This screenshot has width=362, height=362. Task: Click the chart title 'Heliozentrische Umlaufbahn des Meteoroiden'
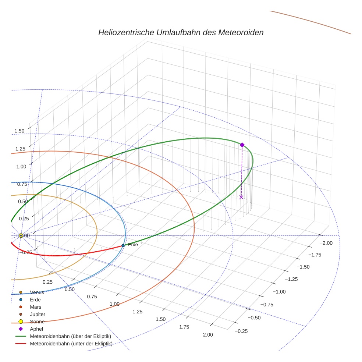point(181,32)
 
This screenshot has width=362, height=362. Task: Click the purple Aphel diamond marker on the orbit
point(242,145)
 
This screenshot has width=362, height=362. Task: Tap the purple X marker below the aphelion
point(241,197)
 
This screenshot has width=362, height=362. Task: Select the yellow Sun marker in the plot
point(21,235)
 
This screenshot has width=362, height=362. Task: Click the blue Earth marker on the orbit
point(123,245)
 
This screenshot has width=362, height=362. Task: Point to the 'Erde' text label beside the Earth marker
point(132,245)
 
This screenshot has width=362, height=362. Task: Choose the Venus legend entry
point(37,292)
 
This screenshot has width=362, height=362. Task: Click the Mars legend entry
point(35,307)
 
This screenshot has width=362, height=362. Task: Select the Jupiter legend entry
point(38,315)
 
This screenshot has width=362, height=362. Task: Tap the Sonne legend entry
point(37,322)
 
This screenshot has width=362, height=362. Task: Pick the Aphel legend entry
point(36,329)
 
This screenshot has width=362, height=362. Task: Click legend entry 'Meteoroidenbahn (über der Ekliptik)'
point(70,336)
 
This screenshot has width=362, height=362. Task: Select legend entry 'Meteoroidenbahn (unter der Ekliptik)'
point(71,344)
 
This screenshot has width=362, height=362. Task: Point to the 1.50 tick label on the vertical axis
point(19,131)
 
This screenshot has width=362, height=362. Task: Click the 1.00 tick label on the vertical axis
point(21,166)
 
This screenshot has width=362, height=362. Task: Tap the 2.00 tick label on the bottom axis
point(207,334)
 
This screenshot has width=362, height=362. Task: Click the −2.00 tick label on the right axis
point(326,243)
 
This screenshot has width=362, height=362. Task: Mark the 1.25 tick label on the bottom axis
point(138,312)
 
